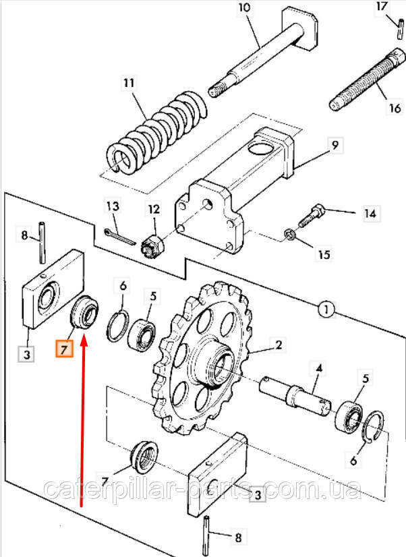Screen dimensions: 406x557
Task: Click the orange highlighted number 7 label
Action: point(64,349)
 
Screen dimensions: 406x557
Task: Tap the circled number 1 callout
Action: point(325,309)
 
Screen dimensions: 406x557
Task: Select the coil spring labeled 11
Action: point(156,131)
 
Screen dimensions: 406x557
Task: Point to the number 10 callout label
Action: point(244,7)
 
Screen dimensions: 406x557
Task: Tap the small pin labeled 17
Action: point(400,29)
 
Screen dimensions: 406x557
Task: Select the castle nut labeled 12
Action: point(152,244)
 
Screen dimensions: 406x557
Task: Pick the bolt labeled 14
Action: point(311,216)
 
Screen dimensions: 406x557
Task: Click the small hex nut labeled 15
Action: point(289,235)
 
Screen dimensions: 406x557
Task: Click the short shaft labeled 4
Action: point(295,396)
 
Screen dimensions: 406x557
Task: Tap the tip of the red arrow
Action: point(84,339)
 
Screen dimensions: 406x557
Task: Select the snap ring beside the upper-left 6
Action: point(117,326)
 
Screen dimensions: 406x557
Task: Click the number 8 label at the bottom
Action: point(237,537)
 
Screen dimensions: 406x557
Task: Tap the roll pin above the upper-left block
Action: point(42,243)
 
